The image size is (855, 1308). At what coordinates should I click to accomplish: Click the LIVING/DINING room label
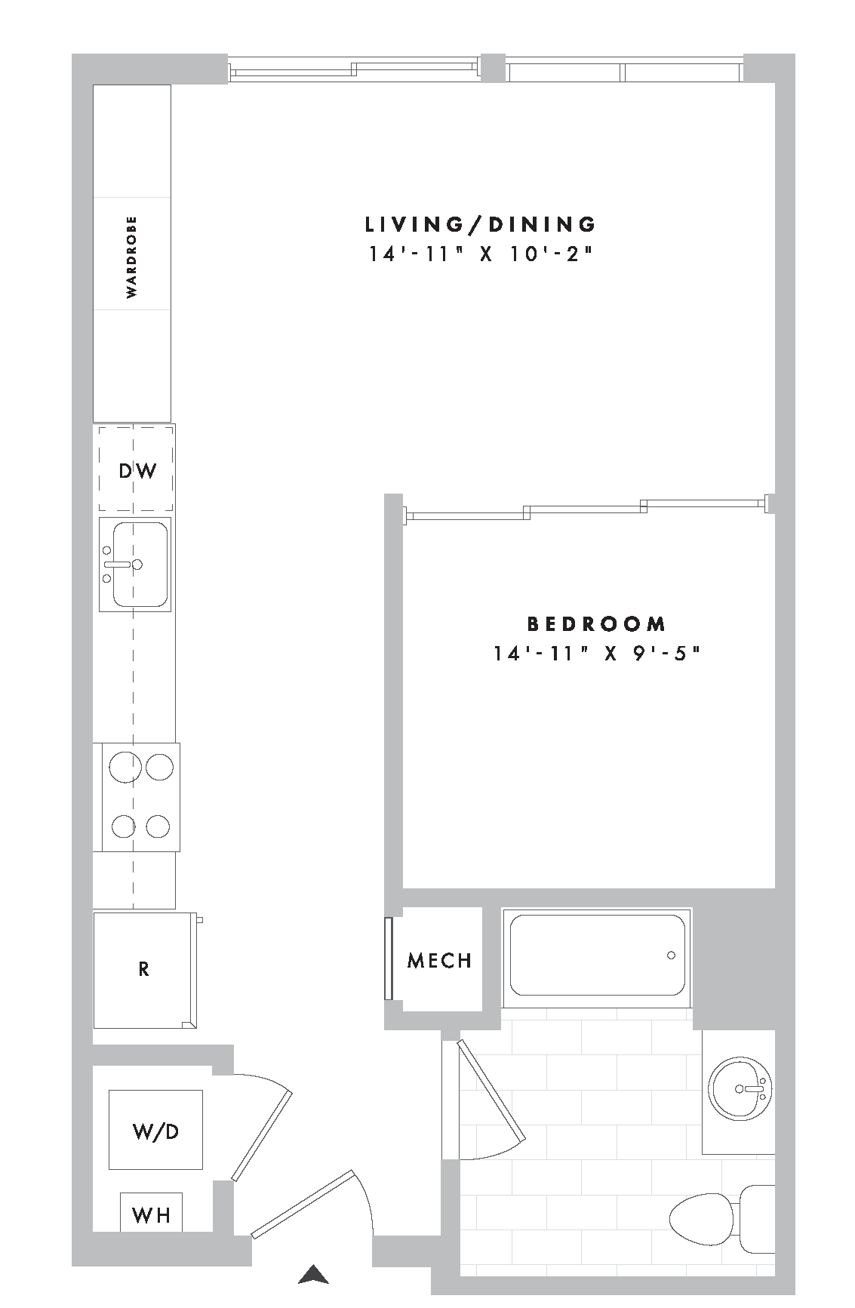click(481, 224)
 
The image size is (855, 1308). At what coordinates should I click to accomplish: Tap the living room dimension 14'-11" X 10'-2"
click(478, 254)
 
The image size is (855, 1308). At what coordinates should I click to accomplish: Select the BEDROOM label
click(596, 624)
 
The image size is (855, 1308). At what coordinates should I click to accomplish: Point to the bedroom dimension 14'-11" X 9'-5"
click(597, 654)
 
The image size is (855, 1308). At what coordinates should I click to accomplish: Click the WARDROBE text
click(132, 257)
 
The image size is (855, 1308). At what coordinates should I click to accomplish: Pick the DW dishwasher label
click(137, 471)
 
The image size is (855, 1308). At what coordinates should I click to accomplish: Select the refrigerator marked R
click(143, 969)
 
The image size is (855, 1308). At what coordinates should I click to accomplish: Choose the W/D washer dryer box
click(155, 1130)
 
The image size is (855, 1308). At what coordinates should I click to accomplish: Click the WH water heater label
click(151, 1215)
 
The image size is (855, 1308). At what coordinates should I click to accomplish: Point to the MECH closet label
click(439, 961)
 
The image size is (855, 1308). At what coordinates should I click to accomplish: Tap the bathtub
click(598, 956)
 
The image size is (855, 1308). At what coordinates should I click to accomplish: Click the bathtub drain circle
click(671, 956)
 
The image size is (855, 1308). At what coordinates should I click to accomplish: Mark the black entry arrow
click(313, 1275)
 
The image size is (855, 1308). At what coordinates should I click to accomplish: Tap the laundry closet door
click(261, 1136)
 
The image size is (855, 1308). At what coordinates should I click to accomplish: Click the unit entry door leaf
click(302, 1205)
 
